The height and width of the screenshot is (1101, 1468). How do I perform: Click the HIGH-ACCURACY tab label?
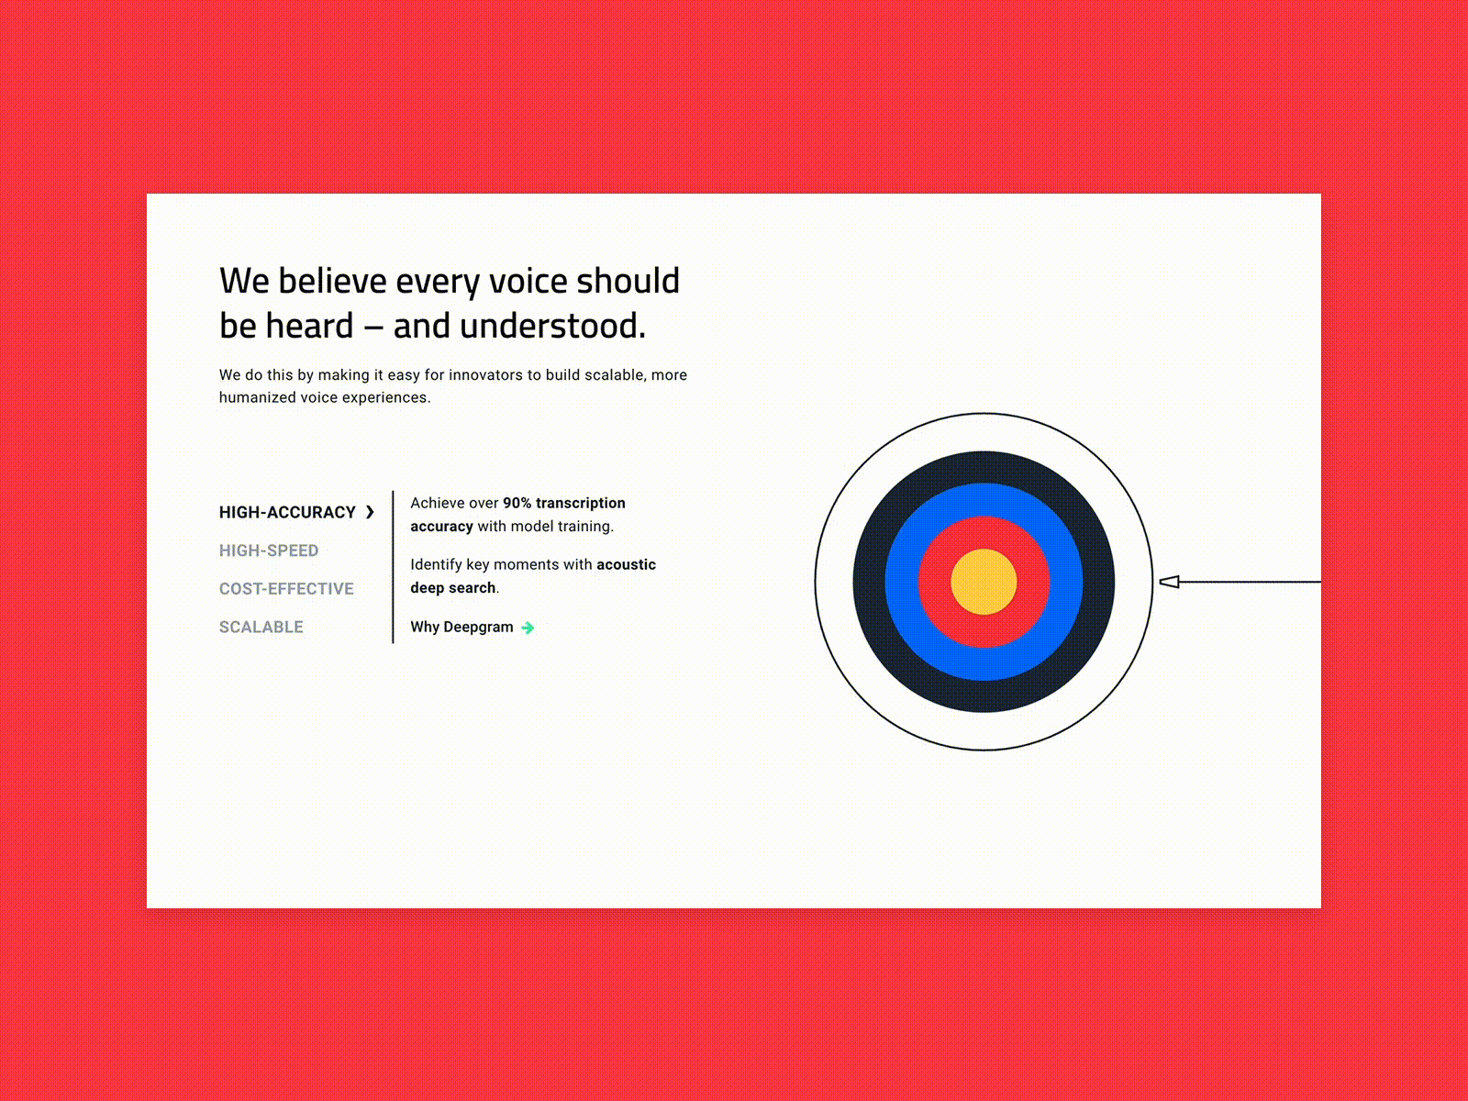[286, 512]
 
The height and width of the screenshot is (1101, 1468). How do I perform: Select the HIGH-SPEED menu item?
[269, 550]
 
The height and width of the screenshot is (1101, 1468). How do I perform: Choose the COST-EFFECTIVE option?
[286, 589]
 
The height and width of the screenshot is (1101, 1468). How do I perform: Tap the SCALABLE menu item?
[261, 628]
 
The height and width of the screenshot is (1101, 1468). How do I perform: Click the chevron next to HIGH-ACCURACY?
[370, 512]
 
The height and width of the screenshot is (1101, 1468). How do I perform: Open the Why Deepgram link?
[462, 628]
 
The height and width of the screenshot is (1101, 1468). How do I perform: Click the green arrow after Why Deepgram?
[528, 628]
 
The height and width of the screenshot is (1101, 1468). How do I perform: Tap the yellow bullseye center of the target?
[984, 582]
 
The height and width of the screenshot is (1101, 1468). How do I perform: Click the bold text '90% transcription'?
[563, 503]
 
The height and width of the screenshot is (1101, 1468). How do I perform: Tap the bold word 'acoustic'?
[626, 564]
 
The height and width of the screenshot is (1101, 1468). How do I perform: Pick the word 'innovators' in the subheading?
[485, 375]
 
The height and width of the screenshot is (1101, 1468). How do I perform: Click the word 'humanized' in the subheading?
[257, 397]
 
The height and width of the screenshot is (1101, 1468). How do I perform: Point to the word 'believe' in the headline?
[332, 281]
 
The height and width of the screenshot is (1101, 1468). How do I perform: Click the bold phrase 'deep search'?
[452, 588]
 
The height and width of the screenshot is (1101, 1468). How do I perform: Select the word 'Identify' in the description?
[436, 564]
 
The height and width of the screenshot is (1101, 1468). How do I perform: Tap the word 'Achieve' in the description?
[437, 503]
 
